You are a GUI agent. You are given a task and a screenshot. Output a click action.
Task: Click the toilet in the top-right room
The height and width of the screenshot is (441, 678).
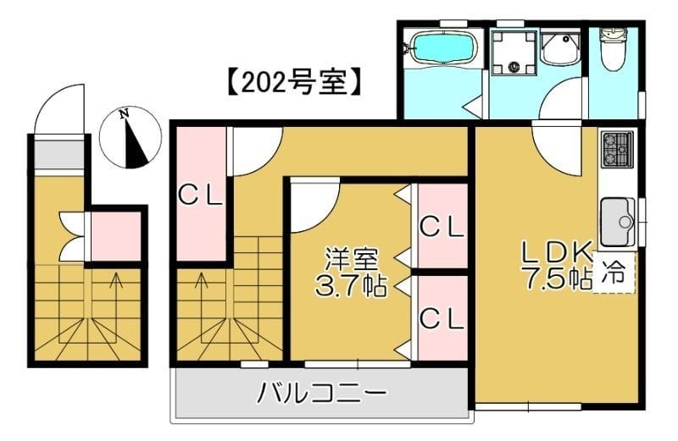pos(611,48)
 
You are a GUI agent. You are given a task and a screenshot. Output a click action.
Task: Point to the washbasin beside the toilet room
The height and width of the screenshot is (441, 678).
pos(559,50)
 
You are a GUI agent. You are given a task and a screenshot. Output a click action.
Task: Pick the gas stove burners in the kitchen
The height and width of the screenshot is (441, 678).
pos(616,150)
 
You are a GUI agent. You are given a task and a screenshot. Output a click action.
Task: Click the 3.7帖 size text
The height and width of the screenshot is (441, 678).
pos(350,286)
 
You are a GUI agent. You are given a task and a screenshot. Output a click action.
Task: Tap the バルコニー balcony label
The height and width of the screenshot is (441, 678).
pos(323,394)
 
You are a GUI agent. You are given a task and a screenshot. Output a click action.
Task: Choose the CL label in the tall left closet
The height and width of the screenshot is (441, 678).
pos(200,196)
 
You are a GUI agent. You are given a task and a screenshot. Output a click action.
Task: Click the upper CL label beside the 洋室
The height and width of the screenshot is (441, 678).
pos(442,227)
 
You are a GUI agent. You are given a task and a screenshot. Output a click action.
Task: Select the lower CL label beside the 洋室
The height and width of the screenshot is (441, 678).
pos(442,318)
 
